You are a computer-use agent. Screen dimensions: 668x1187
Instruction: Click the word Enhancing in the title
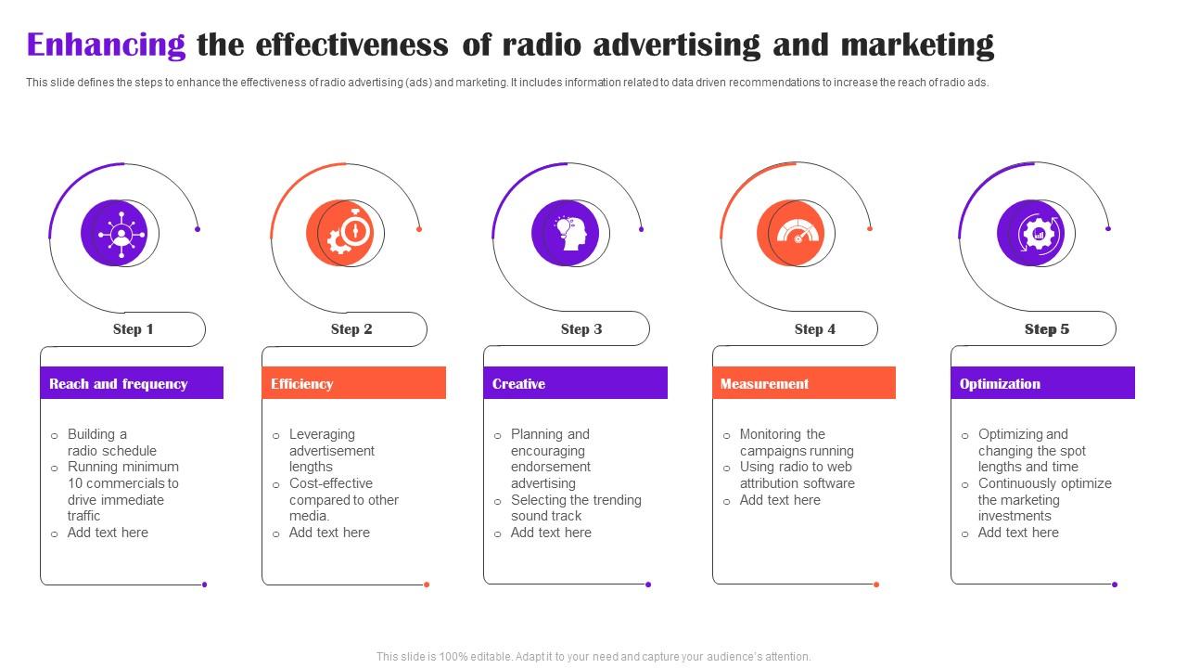click(x=106, y=45)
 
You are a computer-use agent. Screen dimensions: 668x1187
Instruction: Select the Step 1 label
click(x=133, y=329)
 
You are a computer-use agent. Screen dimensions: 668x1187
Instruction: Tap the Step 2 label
click(x=351, y=329)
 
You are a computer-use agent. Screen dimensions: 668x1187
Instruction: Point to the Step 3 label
click(x=581, y=329)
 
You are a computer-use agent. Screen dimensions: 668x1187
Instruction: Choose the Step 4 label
click(x=815, y=329)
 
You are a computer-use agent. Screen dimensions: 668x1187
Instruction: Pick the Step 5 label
click(x=1047, y=329)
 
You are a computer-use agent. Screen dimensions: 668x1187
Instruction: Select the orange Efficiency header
click(x=353, y=383)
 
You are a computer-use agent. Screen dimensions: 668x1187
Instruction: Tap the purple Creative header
click(x=575, y=383)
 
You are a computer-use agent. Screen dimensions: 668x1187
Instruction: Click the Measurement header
click(x=803, y=383)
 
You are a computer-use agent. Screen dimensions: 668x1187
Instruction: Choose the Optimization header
click(x=1042, y=383)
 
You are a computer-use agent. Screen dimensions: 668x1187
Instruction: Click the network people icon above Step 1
click(x=120, y=233)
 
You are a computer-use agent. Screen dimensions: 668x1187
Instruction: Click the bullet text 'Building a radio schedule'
click(x=111, y=443)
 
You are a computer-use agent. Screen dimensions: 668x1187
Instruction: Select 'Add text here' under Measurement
click(x=780, y=500)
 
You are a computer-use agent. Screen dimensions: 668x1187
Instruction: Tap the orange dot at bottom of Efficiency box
click(x=427, y=584)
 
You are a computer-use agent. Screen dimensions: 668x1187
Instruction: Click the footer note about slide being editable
click(x=593, y=656)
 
